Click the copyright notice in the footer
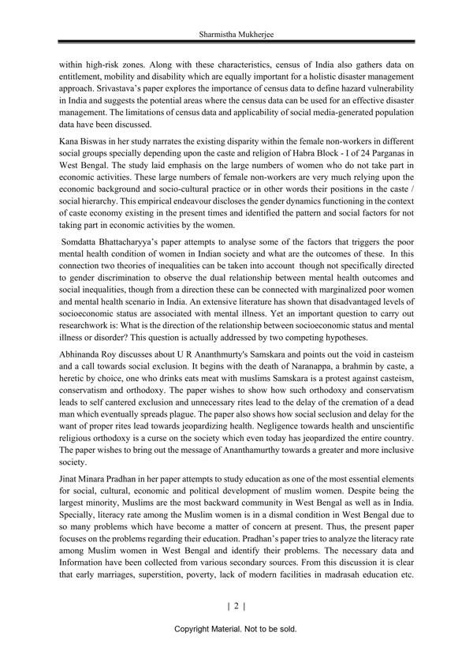point(236,630)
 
